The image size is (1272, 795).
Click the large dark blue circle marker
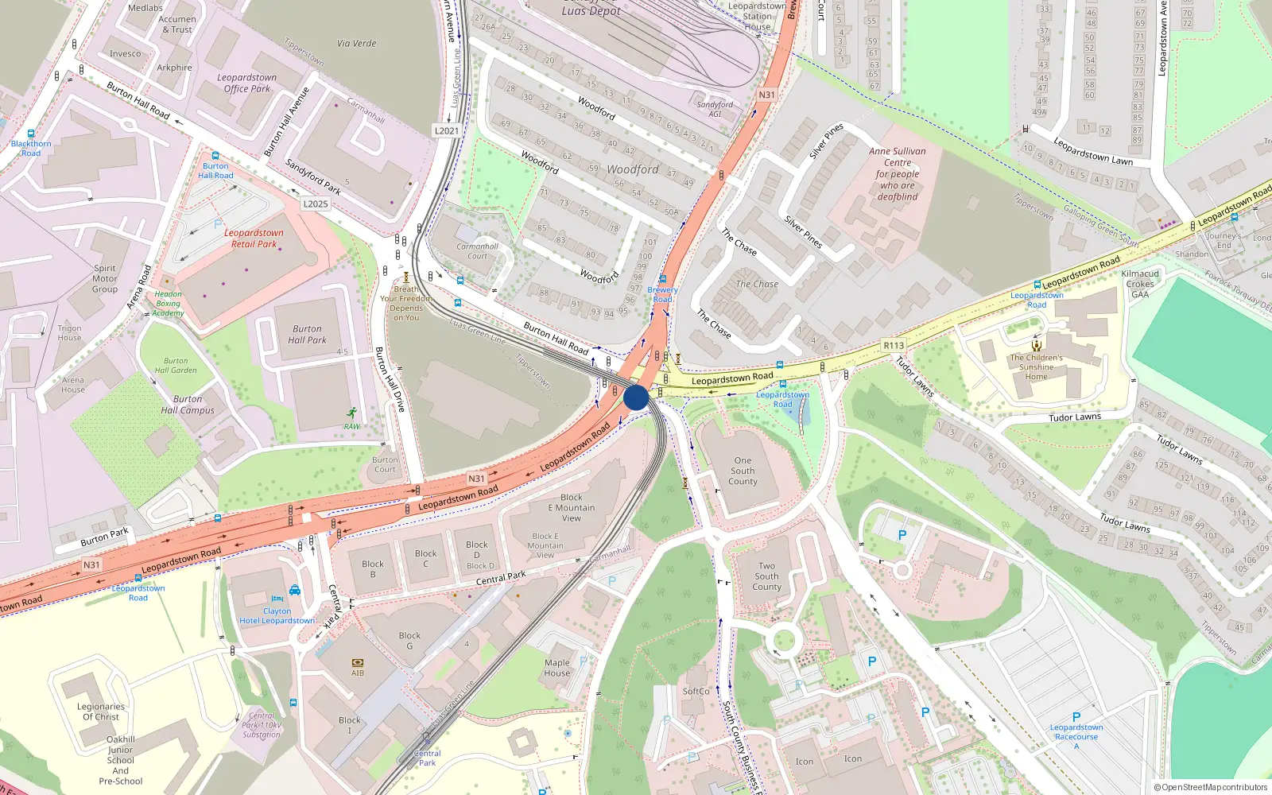pos(636,397)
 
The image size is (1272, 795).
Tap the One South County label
pos(743,471)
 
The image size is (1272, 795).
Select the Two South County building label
pos(766,576)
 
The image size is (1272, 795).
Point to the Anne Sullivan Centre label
pos(897,173)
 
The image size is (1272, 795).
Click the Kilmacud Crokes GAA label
pos(1140,284)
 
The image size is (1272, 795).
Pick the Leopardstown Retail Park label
pos(254,238)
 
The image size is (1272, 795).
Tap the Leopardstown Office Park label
pos(247,83)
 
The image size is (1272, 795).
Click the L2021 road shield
pos(447,130)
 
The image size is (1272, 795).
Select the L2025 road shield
pos(316,204)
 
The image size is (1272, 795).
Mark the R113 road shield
pos(894,345)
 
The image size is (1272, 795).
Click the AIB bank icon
pos(358,662)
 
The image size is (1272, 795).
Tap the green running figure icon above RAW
pos(351,413)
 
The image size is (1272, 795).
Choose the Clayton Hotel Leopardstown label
pos(277,616)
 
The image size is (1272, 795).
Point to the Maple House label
pos(557,668)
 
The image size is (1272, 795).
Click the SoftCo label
pos(696,691)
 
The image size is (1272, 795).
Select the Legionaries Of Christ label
pos(101,712)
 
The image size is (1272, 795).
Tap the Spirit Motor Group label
pos(105,279)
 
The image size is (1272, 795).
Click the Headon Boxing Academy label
pos(168,304)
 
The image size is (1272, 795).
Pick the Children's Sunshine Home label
pos(1037,367)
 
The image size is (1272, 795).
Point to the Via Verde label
pos(357,43)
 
